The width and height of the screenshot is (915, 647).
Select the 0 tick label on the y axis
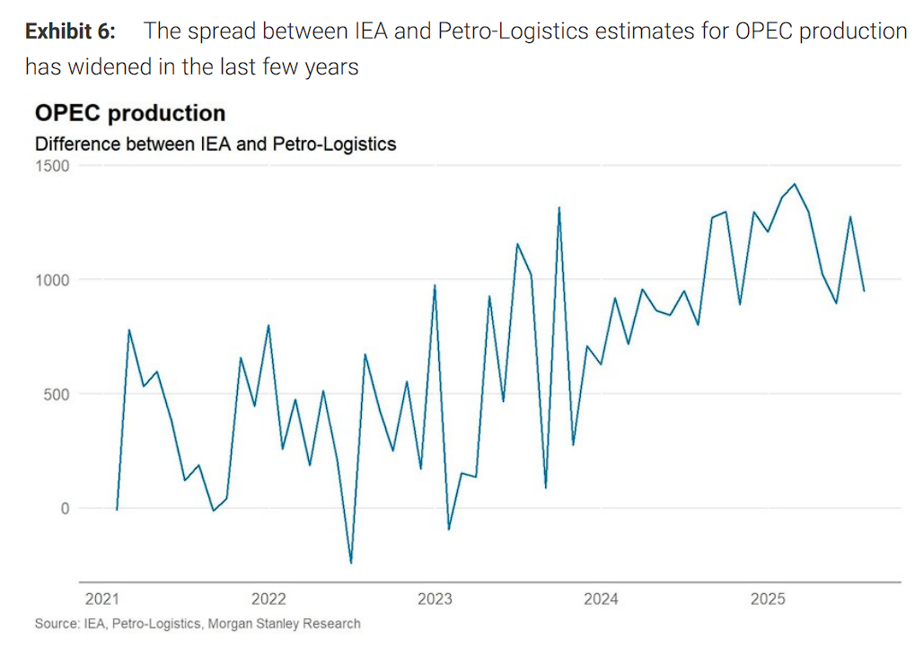(65, 508)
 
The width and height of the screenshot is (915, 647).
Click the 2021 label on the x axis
(103, 599)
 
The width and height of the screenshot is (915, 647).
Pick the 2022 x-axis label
(269, 599)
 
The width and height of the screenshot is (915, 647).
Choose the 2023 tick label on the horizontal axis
(436, 599)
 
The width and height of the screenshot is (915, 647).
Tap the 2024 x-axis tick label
(601, 599)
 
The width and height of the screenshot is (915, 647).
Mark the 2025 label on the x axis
(768, 599)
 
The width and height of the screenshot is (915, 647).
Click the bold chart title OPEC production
(129, 114)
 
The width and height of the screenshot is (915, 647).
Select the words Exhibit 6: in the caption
(70, 32)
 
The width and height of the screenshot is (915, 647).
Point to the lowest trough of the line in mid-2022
(350, 564)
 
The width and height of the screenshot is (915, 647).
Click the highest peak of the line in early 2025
(795, 184)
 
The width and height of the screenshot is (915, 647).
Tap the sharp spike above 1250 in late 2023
(559, 207)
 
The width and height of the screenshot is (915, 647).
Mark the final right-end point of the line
(864, 291)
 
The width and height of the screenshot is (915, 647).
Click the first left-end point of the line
(117, 510)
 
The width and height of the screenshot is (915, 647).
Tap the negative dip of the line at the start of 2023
(449, 529)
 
